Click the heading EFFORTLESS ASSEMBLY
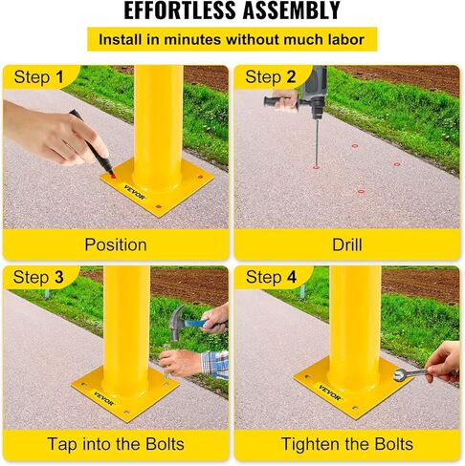coord(232,11)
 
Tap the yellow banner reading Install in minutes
coord(232,40)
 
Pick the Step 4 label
coord(272,278)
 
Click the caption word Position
coord(116,244)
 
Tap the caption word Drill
coord(347,244)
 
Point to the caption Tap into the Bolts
coord(116,444)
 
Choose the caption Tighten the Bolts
coord(347,444)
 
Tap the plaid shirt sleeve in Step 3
coord(215,364)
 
